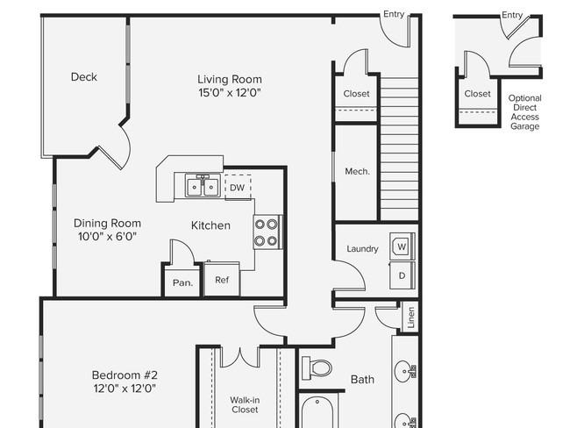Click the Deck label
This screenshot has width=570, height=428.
84,77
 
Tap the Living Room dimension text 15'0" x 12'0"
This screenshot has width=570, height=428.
230,93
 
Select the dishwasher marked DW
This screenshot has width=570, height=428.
238,188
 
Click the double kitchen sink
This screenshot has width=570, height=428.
203,185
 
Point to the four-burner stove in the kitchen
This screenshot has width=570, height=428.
267,232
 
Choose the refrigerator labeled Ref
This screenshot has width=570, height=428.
222,279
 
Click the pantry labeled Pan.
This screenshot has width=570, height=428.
182,283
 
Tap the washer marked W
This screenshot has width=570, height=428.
402,246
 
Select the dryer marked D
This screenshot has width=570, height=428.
402,275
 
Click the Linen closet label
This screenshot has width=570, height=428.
411,317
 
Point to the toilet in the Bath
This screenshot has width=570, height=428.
317,367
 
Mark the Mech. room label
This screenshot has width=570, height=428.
357,171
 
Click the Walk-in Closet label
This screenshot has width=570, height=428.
245,404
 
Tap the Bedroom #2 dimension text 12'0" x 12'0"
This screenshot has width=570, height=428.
125,389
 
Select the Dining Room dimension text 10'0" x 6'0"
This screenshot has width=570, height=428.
107,237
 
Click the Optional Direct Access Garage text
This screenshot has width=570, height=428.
525,112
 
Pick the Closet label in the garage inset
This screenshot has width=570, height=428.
477,94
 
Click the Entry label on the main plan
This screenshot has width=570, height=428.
394,14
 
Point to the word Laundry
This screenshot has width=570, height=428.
362,249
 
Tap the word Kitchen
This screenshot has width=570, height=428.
210,225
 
